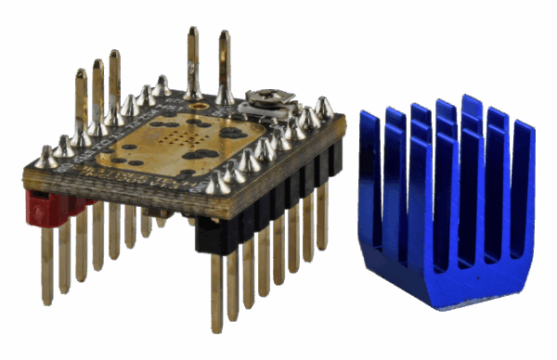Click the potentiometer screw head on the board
[263, 96]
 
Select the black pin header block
[260, 212]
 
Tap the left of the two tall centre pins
[192, 61]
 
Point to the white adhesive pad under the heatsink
[455, 307]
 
